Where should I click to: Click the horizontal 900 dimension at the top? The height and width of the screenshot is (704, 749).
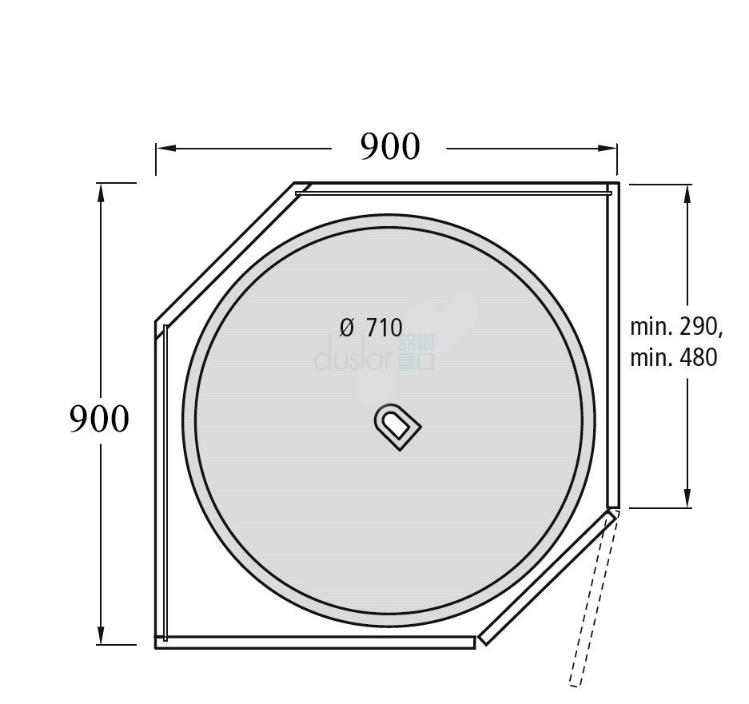390,146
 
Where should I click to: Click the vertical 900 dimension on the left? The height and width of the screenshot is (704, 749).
99,419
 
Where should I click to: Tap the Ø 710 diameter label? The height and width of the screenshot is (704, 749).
371,328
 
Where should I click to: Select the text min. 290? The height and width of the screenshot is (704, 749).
676,327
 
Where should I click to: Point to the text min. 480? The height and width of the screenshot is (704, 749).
674,358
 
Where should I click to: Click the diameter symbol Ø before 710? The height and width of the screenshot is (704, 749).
347,328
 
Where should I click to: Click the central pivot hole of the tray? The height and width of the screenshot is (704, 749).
397,427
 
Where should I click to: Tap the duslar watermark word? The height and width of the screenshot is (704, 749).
353,354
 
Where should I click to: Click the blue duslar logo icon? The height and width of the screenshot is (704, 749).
416,352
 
